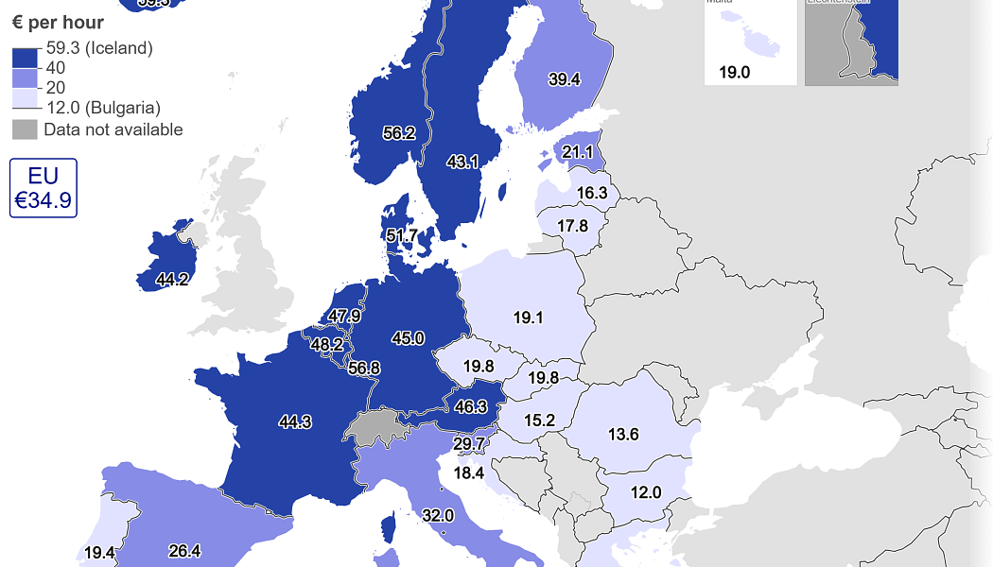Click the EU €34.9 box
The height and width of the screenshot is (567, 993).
(x=43, y=187)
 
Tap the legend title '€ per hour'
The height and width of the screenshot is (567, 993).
(x=58, y=22)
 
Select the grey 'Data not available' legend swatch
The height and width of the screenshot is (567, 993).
(x=25, y=130)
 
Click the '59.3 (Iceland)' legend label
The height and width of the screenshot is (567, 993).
(x=99, y=47)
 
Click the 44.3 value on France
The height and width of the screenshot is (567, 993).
(x=295, y=422)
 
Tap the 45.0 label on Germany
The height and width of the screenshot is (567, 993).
(x=408, y=338)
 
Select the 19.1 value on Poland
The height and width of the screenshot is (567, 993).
(x=528, y=318)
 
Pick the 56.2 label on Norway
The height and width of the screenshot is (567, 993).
(x=399, y=133)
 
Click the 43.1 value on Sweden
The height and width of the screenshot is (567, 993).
(x=462, y=162)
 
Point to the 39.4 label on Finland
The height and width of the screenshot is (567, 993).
(x=564, y=79)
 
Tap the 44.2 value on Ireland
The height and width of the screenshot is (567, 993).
(x=172, y=280)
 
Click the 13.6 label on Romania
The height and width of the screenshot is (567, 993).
(x=623, y=435)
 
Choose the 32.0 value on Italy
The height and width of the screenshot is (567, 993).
(x=438, y=516)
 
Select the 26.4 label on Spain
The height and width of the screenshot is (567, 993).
(x=183, y=551)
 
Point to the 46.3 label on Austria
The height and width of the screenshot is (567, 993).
(x=470, y=407)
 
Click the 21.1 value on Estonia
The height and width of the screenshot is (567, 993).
(x=577, y=152)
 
